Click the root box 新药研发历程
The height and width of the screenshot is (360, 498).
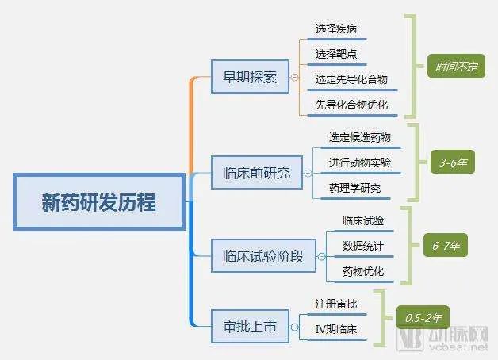pyautogui.click(x=98, y=202)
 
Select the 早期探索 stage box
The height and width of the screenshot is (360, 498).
pyautogui.click(x=251, y=79)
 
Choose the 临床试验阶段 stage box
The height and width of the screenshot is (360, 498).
pyautogui.click(x=262, y=256)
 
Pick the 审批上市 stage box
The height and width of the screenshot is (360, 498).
pyautogui.click(x=250, y=326)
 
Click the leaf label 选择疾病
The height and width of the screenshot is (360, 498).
pyautogui.click(x=335, y=29)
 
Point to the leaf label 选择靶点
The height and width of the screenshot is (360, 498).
pyautogui.click(x=335, y=54)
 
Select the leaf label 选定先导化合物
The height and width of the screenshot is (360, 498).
pyautogui.click(x=351, y=79)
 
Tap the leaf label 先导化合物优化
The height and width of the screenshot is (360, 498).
pyautogui.click(x=351, y=104)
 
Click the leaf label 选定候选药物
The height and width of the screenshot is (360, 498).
pyautogui.click(x=359, y=137)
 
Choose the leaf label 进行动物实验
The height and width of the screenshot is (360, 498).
pyautogui.click(x=359, y=163)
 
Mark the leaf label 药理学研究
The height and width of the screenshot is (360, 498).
pyautogui.click(x=354, y=188)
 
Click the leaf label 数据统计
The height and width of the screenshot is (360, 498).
pyautogui.click(x=362, y=246)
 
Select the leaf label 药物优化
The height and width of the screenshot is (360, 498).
pyautogui.click(x=362, y=271)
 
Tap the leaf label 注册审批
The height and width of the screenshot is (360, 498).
pyautogui.click(x=335, y=304)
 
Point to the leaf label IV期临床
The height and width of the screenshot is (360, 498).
pyautogui.click(x=335, y=328)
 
